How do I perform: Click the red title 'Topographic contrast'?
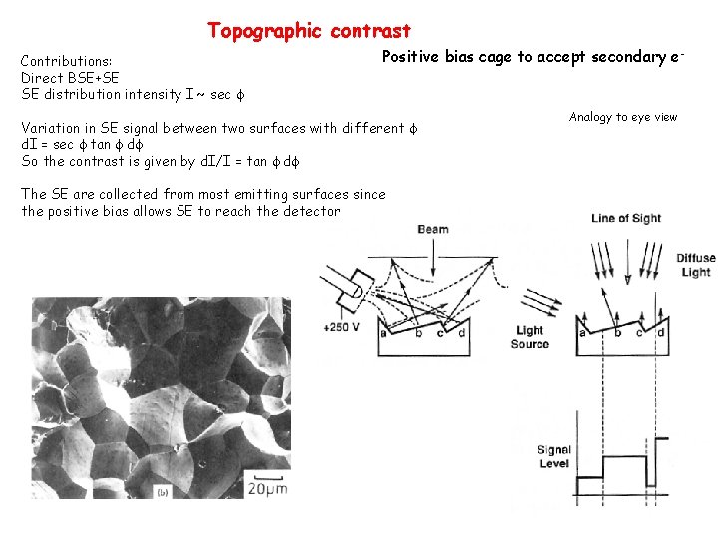pyautogui.click(x=309, y=31)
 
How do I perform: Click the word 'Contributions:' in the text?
pyautogui.click(x=67, y=61)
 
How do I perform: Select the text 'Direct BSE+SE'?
pyautogui.click(x=71, y=78)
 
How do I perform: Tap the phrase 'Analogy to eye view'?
pyautogui.click(x=623, y=117)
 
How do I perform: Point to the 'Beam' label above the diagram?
pyautogui.click(x=433, y=229)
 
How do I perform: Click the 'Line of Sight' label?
pyautogui.click(x=626, y=219)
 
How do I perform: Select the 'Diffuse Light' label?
pyautogui.click(x=695, y=265)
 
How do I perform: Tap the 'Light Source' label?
pyautogui.click(x=530, y=337)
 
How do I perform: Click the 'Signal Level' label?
pyautogui.click(x=553, y=457)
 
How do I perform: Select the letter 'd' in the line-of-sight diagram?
pyautogui.click(x=661, y=333)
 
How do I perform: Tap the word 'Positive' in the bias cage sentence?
pyautogui.click(x=412, y=57)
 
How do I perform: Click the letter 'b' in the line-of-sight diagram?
pyautogui.click(x=618, y=333)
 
